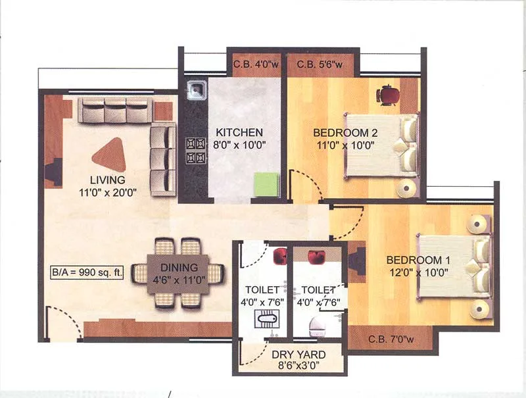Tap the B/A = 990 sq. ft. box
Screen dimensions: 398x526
(x=87, y=271)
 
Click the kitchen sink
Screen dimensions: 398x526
(x=197, y=88)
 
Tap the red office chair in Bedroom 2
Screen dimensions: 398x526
(x=387, y=95)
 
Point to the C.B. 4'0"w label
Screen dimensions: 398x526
(x=254, y=64)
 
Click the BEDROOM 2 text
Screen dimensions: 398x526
(x=345, y=132)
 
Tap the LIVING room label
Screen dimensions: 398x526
(x=108, y=180)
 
